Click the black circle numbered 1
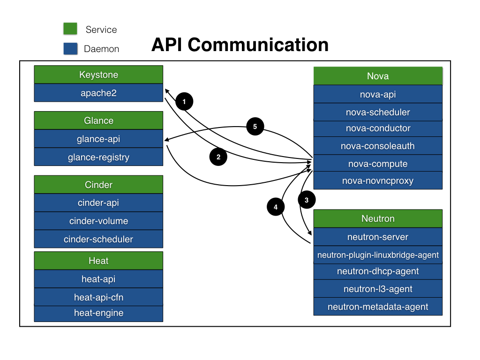click(x=184, y=101)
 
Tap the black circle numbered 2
click(x=218, y=157)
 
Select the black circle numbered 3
click(x=307, y=200)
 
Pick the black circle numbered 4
click(x=276, y=207)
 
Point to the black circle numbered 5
click(x=255, y=127)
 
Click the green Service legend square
click(x=70, y=29)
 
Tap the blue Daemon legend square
click(x=70, y=49)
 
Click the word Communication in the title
click(x=258, y=45)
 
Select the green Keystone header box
click(x=98, y=75)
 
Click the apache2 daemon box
click(x=98, y=93)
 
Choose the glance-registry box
click(x=98, y=157)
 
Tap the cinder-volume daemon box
click(x=98, y=221)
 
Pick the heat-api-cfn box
click(x=98, y=297)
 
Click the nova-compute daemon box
click(x=378, y=163)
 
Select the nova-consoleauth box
click(x=378, y=146)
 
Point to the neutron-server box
click(x=378, y=237)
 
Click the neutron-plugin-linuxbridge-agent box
click(x=378, y=255)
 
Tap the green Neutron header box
click(x=378, y=218)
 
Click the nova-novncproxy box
click(x=378, y=180)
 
